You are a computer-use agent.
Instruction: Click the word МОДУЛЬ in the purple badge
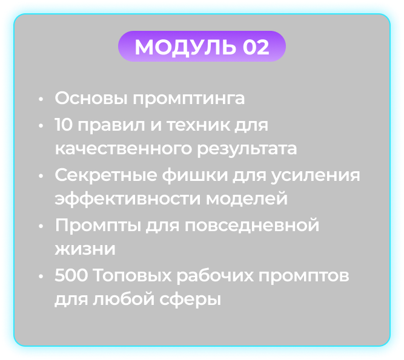(x=185, y=47)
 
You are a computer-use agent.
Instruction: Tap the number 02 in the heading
(x=256, y=47)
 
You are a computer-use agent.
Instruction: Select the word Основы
(x=91, y=98)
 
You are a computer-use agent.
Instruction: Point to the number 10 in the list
(x=64, y=125)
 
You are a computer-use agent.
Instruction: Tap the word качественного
(x=124, y=149)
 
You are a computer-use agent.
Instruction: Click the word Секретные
(x=106, y=175)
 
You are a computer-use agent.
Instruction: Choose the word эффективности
(x=128, y=199)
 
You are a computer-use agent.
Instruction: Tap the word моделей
(x=247, y=198)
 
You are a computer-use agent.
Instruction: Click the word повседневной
(x=252, y=225)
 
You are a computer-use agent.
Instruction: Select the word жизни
(x=85, y=249)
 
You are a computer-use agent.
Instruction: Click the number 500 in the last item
(x=71, y=275)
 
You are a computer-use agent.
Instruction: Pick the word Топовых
(x=132, y=275)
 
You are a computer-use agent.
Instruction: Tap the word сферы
(x=190, y=299)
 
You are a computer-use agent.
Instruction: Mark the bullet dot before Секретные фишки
(x=41, y=176)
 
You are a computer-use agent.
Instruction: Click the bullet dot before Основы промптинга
(x=41, y=99)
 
